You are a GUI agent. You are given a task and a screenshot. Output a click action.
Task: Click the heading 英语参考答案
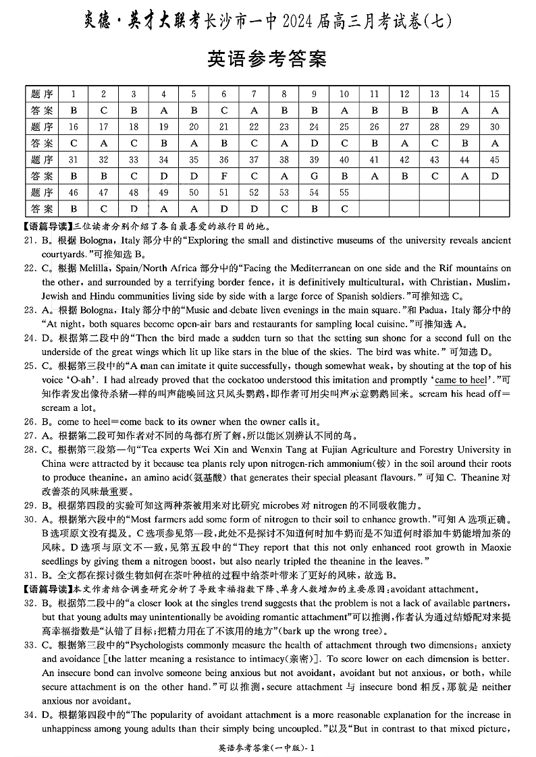[268, 59]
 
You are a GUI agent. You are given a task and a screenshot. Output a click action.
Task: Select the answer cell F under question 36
[224, 175]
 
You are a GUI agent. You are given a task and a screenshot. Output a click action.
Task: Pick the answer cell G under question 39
[314, 175]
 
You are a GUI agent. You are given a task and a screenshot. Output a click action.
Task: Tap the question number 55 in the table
[344, 192]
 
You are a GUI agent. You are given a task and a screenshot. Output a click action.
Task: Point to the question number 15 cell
[495, 94]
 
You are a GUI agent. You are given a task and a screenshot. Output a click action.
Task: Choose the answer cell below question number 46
[74, 208]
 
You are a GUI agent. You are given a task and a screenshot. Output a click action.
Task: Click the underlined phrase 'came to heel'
[465, 381]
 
